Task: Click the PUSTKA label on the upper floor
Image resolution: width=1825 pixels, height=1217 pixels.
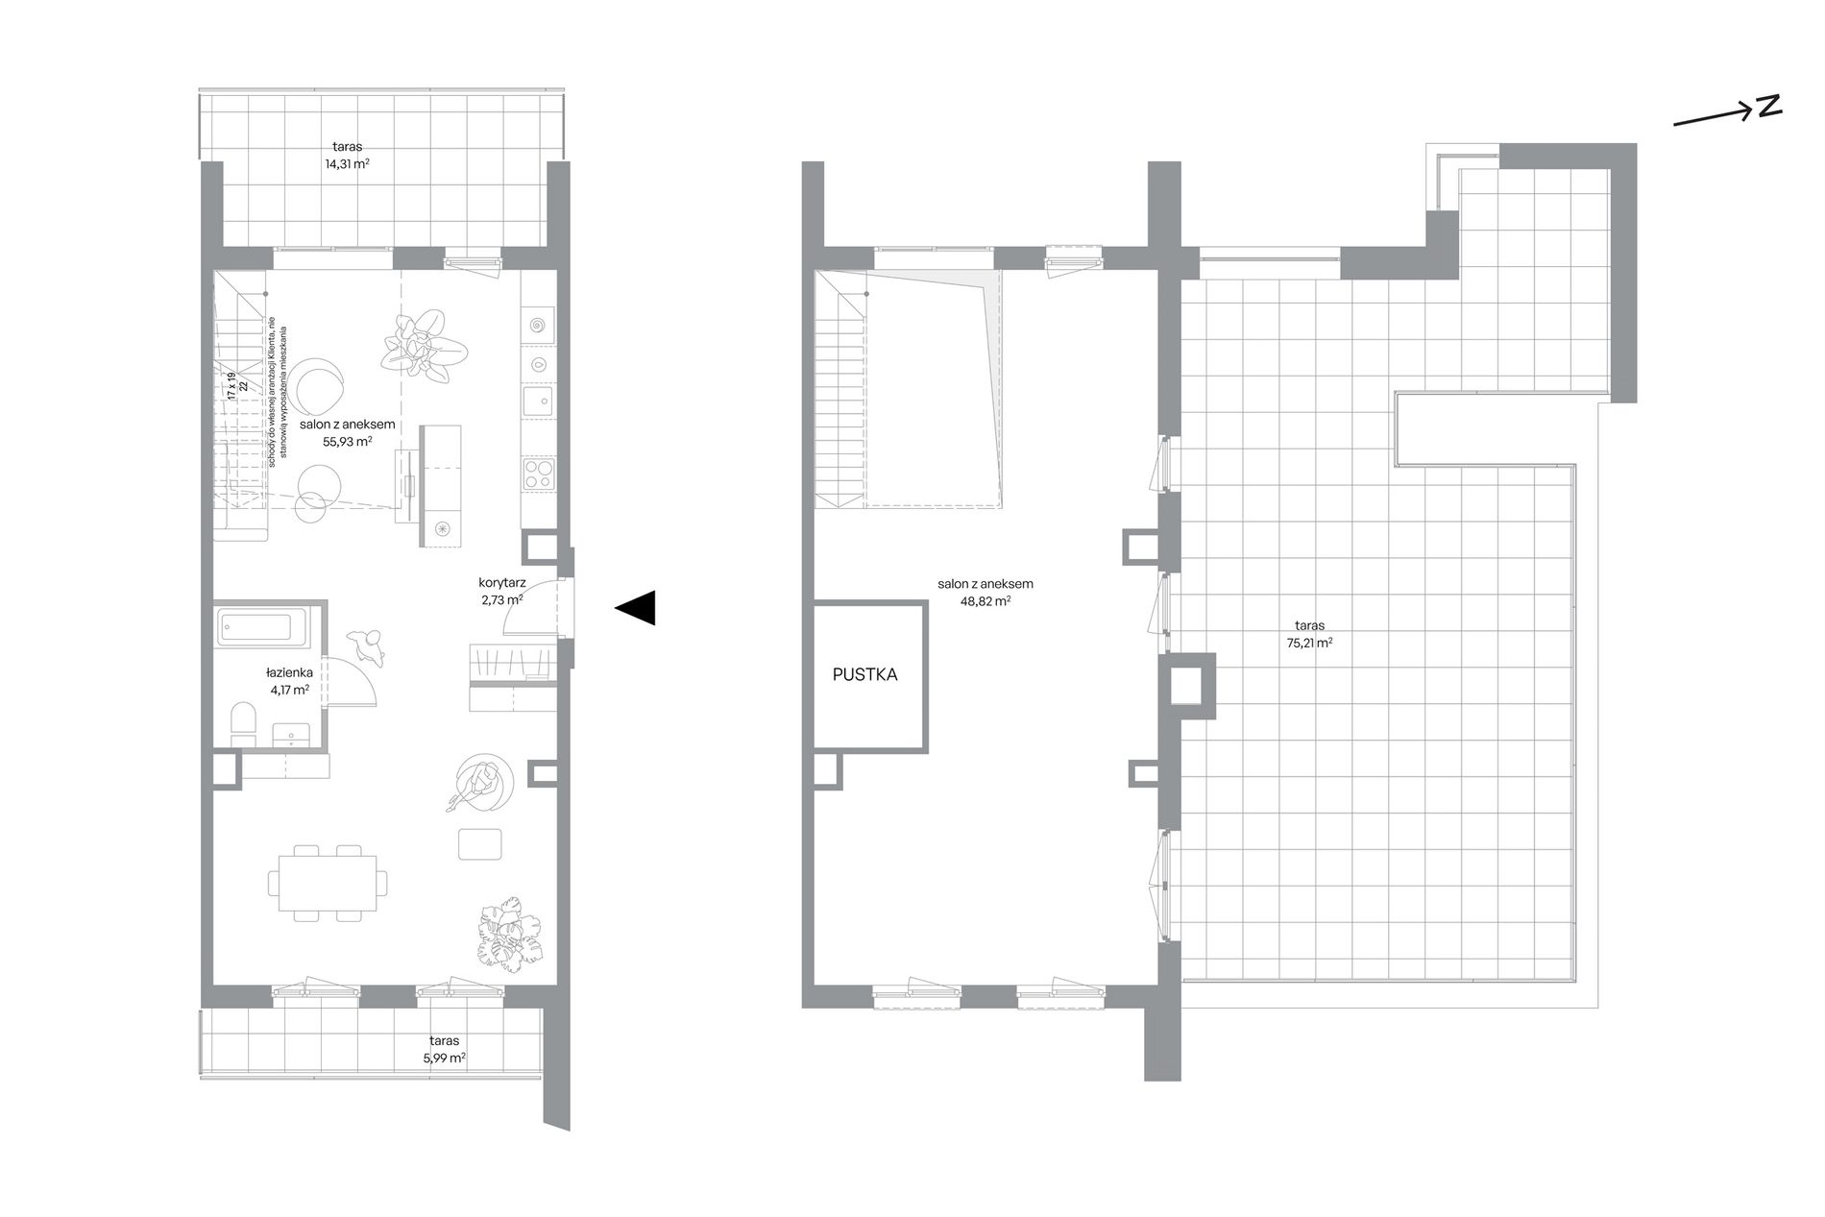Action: (864, 675)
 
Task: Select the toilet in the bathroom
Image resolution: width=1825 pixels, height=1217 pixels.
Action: (244, 722)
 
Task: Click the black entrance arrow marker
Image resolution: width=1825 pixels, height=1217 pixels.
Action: (635, 607)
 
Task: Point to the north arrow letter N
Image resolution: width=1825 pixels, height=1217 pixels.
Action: (1769, 108)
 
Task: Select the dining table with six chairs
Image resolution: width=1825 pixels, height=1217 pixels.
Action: (328, 883)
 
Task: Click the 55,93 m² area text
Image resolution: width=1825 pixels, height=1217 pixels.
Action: (348, 442)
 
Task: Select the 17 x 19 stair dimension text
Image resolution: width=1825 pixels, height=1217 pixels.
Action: (231, 384)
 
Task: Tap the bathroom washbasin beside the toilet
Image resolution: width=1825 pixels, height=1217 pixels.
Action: (292, 736)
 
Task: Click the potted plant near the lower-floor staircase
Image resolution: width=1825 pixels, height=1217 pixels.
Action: (424, 346)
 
